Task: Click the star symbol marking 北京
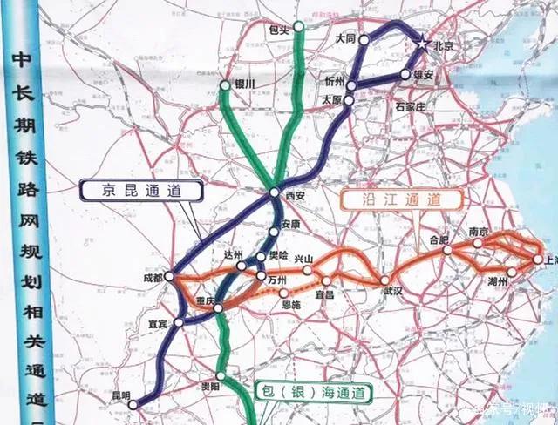[422, 44]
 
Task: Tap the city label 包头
[278, 29]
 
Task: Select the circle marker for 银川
[226, 85]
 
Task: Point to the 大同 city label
[346, 40]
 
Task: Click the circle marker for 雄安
[405, 76]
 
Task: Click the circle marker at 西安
[275, 192]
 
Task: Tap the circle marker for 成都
[170, 278]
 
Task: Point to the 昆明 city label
[121, 396]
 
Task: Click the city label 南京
[478, 232]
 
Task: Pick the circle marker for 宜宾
[179, 323]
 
